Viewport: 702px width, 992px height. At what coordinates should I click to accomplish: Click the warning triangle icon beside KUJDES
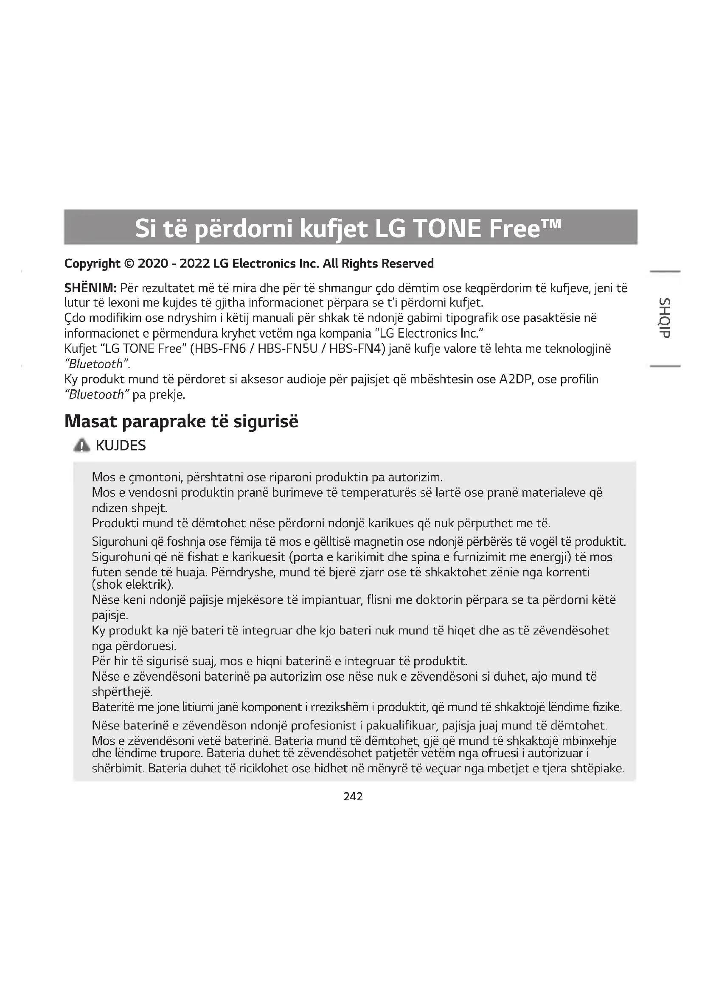pos(81,445)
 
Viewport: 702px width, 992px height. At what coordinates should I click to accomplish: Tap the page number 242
pos(353,796)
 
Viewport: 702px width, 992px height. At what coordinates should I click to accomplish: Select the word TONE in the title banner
pos(447,229)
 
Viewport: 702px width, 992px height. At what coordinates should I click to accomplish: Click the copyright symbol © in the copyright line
pos(129,263)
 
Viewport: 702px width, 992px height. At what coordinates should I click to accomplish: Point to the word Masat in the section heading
pos(91,421)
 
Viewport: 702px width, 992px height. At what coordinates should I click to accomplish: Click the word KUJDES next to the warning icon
pos(121,445)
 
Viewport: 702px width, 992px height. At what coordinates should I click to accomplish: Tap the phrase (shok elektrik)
pos(133,584)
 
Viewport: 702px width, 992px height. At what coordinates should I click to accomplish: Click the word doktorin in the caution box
pos(438,600)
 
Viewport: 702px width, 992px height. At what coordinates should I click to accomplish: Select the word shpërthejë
pos(122,692)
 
